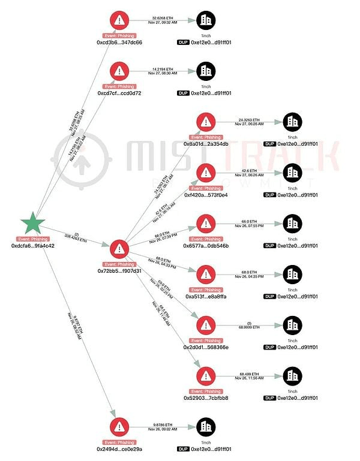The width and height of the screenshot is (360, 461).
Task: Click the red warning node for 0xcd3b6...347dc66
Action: [119, 20]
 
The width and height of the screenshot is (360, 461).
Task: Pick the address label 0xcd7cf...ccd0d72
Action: [119, 94]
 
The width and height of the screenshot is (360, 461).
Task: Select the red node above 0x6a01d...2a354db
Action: [206, 122]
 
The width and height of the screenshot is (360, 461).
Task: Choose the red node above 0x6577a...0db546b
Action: [206, 223]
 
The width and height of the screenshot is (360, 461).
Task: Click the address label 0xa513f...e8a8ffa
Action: [206, 296]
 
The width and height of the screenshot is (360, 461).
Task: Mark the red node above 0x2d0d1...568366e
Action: [206, 325]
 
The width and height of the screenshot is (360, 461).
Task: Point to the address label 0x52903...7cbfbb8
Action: [206, 397]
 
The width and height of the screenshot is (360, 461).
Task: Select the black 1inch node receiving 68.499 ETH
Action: [292, 375]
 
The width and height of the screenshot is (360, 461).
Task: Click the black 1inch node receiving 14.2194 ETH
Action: [206, 71]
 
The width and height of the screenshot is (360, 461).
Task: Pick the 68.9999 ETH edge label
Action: [248, 327]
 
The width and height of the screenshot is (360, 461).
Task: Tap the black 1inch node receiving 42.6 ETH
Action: [292, 172]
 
